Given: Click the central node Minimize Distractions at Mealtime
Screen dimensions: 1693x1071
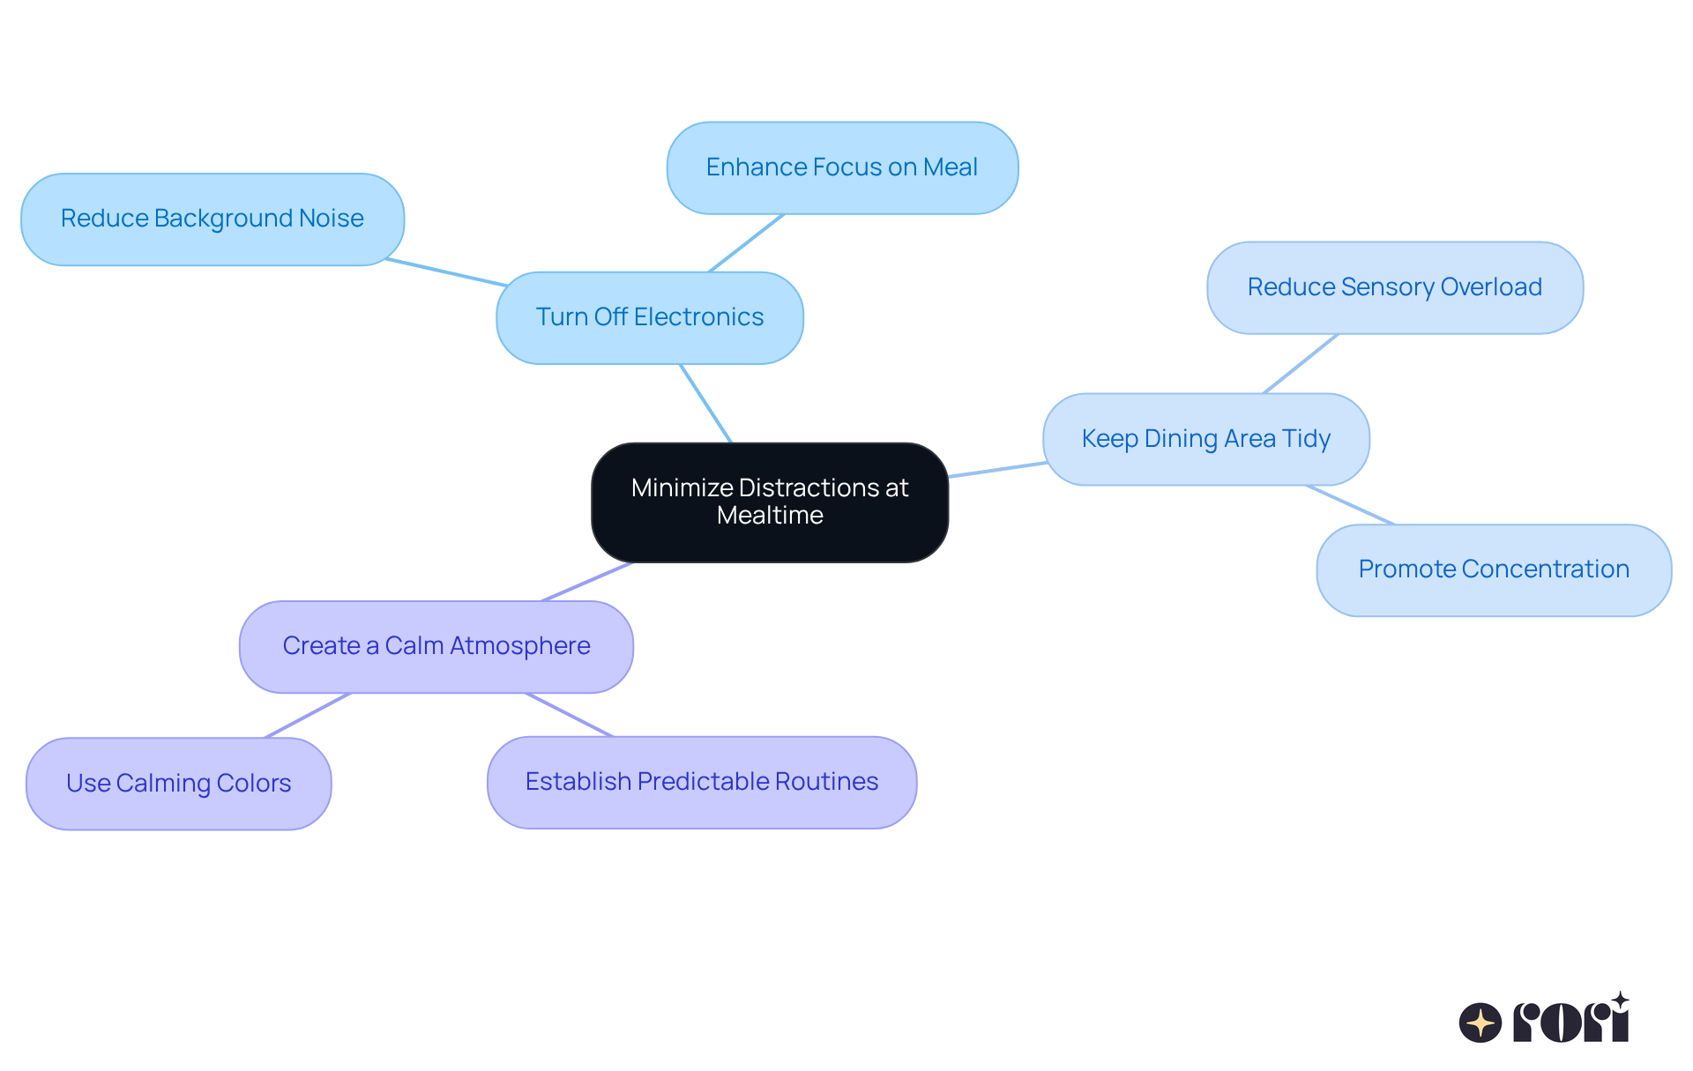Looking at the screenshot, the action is [770, 502].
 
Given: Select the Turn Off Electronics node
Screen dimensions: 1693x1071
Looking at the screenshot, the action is [650, 317].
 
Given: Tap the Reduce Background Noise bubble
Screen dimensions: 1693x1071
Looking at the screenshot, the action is [213, 219].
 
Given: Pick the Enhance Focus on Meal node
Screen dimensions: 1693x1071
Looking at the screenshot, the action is [843, 167].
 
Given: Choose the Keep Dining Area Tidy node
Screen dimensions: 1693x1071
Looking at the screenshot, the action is [1206, 439].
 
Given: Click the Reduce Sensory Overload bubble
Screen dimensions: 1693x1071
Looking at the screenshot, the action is [1395, 287].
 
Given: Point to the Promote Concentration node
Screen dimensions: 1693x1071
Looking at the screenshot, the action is [1494, 570].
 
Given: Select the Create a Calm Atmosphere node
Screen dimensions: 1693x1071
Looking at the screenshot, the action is [436, 647].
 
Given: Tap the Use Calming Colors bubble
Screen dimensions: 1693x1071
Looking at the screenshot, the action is [179, 784].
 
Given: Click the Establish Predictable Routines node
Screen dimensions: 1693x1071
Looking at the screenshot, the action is [702, 783].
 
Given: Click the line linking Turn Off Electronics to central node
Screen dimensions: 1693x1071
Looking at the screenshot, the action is [706, 404].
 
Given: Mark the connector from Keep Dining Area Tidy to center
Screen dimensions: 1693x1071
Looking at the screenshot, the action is [997, 469].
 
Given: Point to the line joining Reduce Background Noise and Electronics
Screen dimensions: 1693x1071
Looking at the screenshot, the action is [446, 272].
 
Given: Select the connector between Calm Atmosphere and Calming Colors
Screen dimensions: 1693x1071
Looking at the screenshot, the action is [308, 715].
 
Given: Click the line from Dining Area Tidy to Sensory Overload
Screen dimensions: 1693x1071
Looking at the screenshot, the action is [1301, 363].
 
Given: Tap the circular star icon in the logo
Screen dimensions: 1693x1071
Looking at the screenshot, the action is [1480, 1023].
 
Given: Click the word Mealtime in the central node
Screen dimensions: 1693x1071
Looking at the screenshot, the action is [770, 516].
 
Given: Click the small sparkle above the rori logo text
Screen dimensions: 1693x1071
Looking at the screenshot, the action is [1620, 1000].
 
